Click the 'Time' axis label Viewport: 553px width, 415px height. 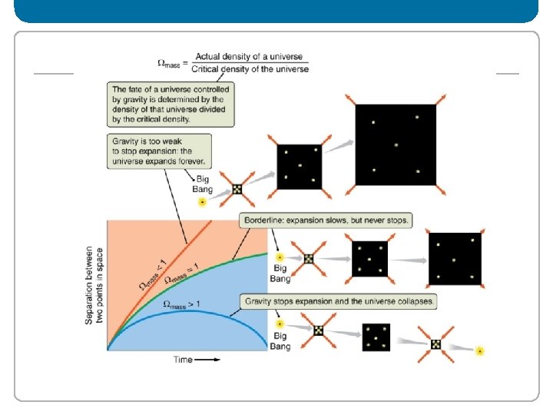coord(183,359)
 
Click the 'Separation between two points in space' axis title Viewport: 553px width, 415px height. coord(94,285)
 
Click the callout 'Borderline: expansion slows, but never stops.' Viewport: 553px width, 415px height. coord(326,221)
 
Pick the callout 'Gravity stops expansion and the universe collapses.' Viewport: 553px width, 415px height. coord(337,300)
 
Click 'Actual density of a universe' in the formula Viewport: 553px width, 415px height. coord(250,57)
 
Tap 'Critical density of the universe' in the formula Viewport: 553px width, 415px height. coord(250,69)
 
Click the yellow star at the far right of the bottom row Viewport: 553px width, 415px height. coord(480,351)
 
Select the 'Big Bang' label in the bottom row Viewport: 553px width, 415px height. coord(280,342)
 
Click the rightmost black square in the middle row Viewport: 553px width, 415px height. coord(455,259)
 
